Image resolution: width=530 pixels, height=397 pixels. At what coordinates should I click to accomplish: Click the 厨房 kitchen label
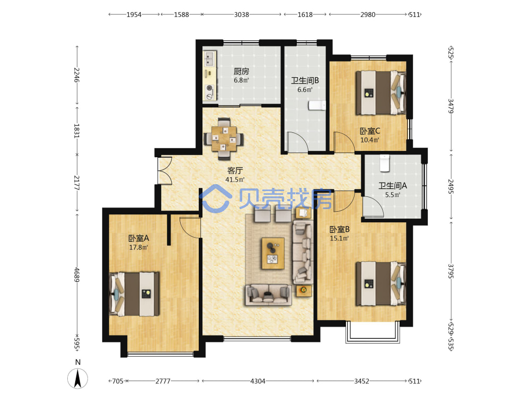(241, 71)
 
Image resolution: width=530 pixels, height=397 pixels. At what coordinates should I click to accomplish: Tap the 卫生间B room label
(305, 80)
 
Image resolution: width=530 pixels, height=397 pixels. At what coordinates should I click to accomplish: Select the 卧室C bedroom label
(370, 131)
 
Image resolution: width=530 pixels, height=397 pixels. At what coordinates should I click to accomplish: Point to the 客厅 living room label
(235, 170)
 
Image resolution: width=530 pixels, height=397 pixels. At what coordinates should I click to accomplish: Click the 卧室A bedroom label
(138, 238)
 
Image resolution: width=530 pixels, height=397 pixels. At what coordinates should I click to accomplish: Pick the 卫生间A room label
(392, 186)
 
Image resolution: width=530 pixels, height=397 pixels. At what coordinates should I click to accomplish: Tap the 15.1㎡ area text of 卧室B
(339, 238)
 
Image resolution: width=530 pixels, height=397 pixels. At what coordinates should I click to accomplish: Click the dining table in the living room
(224, 138)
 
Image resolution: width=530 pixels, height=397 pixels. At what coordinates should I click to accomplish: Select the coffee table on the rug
(273, 253)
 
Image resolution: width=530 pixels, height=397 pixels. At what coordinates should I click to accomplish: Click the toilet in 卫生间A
(384, 163)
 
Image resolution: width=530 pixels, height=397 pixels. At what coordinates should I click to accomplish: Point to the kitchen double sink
(209, 58)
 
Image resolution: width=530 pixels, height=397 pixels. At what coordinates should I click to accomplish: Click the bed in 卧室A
(135, 294)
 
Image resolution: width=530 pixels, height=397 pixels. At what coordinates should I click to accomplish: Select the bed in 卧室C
(381, 93)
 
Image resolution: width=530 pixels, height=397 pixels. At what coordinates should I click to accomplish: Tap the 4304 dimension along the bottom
(258, 381)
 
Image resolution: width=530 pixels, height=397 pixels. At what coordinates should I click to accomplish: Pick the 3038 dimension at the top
(242, 14)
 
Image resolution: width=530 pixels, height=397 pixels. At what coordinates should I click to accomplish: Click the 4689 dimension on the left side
(77, 274)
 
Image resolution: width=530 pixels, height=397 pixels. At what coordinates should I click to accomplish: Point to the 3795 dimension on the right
(451, 271)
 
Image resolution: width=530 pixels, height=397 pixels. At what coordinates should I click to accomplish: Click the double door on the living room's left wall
(165, 170)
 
